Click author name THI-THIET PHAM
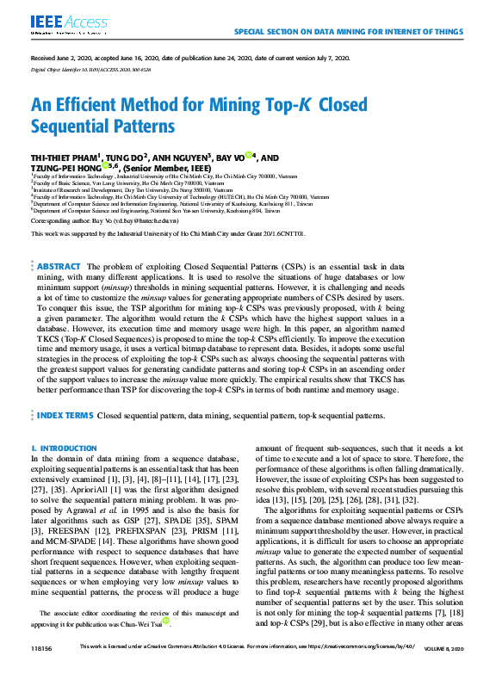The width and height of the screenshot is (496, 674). click(65, 158)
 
